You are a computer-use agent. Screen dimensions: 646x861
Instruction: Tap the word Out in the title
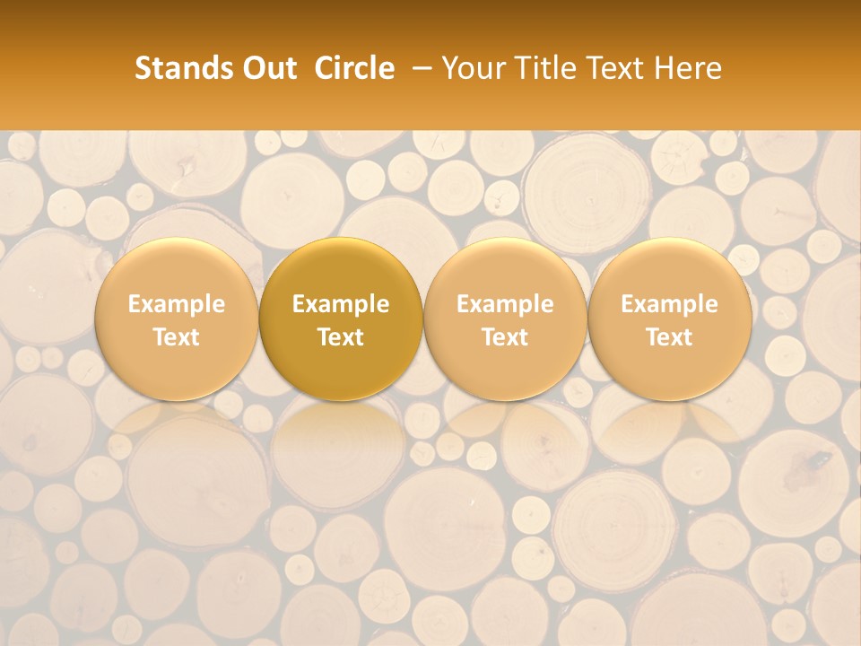coord(266,68)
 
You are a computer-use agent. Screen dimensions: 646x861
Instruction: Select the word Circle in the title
coord(354,68)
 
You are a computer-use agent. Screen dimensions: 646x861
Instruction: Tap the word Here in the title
coord(686,68)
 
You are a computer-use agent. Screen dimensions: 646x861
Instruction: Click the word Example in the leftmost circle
coord(177,304)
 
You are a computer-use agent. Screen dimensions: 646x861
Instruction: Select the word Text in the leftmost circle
coord(177,337)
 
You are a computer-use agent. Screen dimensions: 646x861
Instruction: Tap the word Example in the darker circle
coord(341,304)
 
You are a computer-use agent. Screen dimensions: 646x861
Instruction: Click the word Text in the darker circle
coord(341,337)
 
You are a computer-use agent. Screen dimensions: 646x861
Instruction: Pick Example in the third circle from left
coord(505,304)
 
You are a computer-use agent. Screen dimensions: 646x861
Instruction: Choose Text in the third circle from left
coord(505,337)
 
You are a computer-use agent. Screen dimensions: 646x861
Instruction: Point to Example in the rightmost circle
coord(669,304)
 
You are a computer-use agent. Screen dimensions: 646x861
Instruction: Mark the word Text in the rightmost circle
coord(669,337)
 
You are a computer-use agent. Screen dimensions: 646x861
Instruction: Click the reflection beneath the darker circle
coord(341,435)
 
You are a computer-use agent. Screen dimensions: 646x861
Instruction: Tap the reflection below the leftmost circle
coord(177,435)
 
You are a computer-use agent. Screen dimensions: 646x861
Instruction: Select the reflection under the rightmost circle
coord(669,435)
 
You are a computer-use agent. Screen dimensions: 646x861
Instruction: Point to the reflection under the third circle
coord(505,435)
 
